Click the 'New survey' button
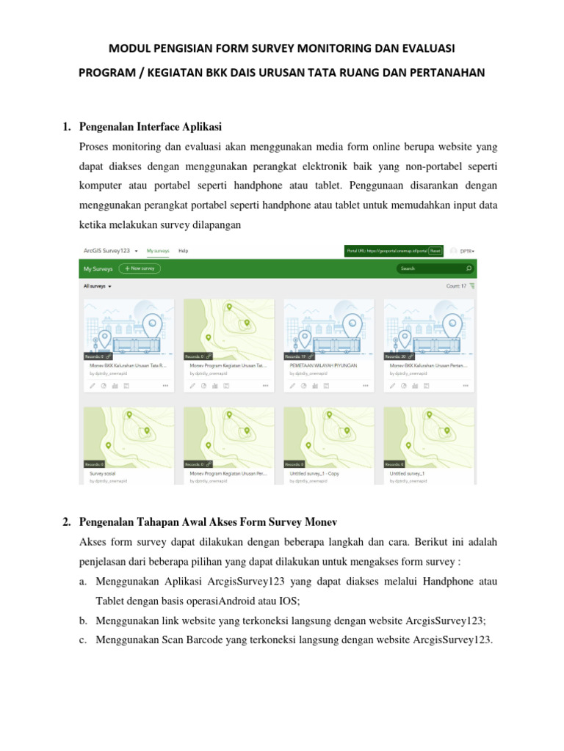pyautogui.click(x=140, y=268)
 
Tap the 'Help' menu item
pyautogui.click(x=184, y=251)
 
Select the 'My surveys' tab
pyautogui.click(x=158, y=251)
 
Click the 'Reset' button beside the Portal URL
pyautogui.click(x=435, y=251)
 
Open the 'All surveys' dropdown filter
pyautogui.click(x=98, y=286)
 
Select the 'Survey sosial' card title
pyautogui.click(x=103, y=474)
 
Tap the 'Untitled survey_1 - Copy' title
pyautogui.click(x=314, y=474)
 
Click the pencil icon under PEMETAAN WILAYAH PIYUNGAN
pyautogui.click(x=292, y=384)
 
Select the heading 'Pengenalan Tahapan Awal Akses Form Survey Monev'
pyautogui.click(x=207, y=521)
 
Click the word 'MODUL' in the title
pyautogui.click(x=126, y=48)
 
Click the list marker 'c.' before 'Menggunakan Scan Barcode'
pyautogui.click(x=82, y=640)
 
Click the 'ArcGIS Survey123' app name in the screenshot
pyautogui.click(x=107, y=251)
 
